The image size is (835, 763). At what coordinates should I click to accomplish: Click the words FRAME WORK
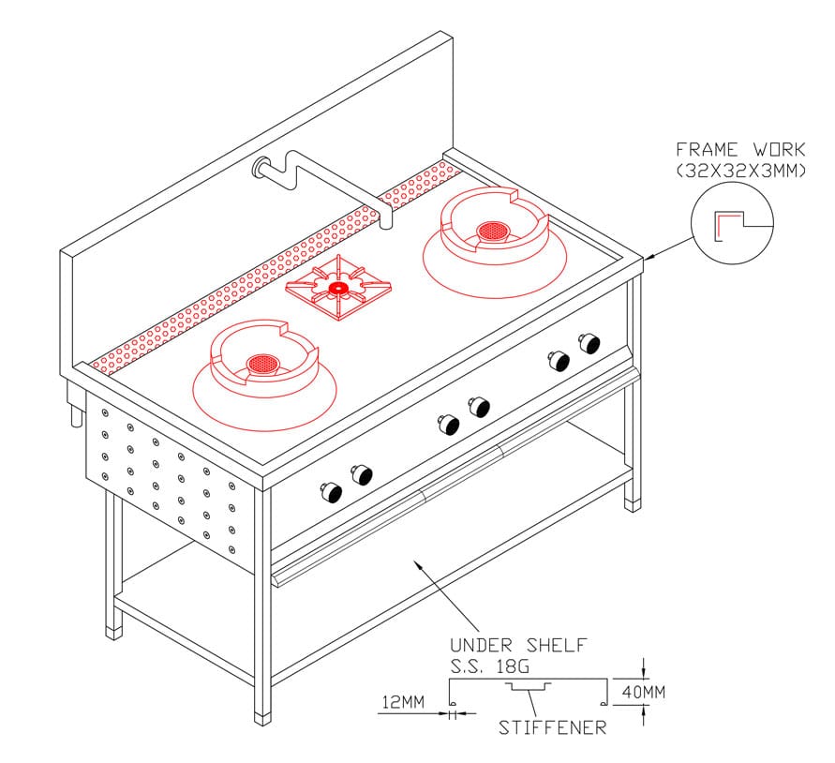click(x=740, y=149)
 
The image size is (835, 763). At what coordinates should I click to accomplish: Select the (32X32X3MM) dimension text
click(x=740, y=171)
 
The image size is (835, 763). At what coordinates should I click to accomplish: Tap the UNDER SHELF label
click(x=518, y=645)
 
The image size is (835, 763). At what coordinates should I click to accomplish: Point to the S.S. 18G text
click(x=490, y=666)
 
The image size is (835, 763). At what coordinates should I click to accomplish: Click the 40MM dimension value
click(x=643, y=692)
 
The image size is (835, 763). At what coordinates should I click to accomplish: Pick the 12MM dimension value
click(x=403, y=702)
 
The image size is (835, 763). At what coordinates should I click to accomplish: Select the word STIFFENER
click(x=552, y=727)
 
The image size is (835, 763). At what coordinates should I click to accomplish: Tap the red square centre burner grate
click(x=338, y=288)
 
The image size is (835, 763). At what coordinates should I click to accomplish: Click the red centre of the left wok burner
click(x=262, y=364)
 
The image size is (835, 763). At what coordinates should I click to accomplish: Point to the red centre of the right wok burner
click(x=493, y=232)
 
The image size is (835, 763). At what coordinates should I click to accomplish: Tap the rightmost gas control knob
click(x=590, y=343)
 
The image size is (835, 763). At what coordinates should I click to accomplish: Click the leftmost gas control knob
click(x=330, y=492)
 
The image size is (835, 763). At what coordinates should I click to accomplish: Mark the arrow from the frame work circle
click(x=670, y=247)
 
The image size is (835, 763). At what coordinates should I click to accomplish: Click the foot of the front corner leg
click(x=262, y=718)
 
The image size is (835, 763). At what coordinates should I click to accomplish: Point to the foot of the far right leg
click(x=633, y=505)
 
